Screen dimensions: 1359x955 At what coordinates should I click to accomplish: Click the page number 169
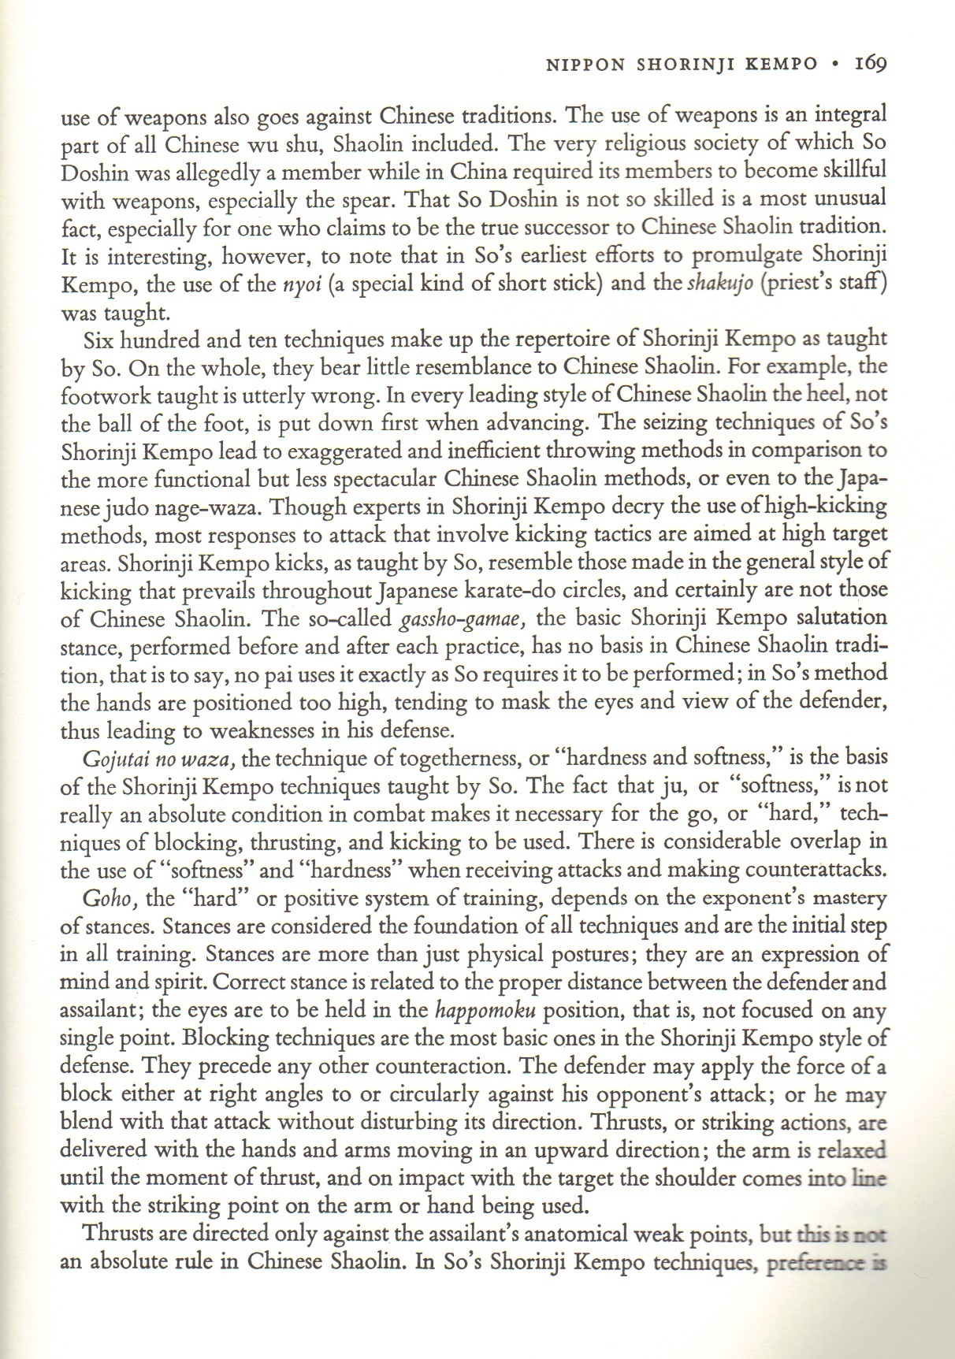coord(871,63)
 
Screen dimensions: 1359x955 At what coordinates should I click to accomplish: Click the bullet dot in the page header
coord(835,64)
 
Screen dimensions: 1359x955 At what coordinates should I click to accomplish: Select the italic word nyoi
coord(299,284)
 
